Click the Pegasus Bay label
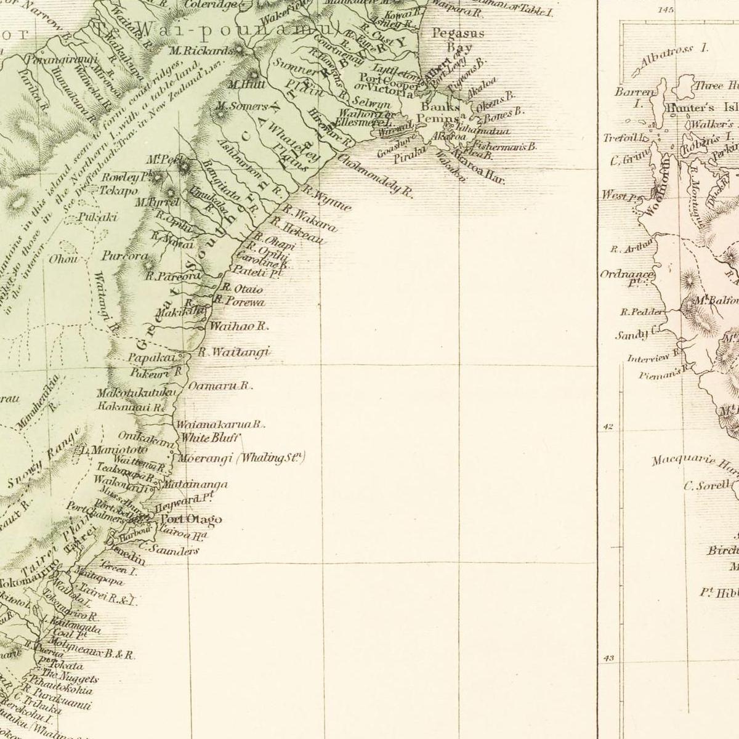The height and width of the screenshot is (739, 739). [458, 40]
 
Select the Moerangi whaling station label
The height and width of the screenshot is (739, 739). [241, 458]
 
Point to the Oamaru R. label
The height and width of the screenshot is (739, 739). [220, 386]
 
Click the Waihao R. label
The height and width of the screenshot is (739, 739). [239, 326]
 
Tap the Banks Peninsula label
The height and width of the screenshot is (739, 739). [438, 113]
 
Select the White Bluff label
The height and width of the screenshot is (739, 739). [209, 438]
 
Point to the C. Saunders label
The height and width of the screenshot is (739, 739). [168, 549]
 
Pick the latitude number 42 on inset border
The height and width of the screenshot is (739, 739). [608, 426]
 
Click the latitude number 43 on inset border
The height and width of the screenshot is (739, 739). [608, 658]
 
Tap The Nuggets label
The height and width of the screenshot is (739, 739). [71, 677]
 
